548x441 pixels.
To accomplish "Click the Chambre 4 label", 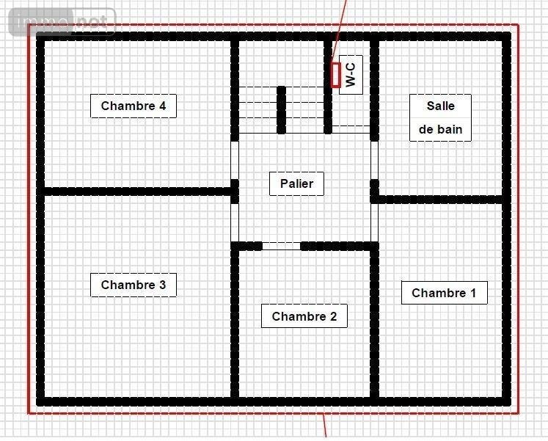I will (x=134, y=106).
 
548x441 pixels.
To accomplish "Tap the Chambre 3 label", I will (x=134, y=285).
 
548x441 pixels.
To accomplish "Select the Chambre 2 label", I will (x=304, y=316).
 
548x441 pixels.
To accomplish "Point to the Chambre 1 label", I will (x=444, y=293).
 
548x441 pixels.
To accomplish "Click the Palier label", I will (x=297, y=183).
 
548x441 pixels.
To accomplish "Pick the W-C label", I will (x=351, y=74).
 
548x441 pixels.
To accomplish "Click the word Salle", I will (x=440, y=106).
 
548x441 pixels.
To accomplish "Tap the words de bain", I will (x=440, y=130).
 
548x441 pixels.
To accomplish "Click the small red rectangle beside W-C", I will (x=336, y=75).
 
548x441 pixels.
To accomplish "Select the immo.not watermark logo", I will (x=62, y=22).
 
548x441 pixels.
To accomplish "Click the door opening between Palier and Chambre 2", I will (x=282, y=246).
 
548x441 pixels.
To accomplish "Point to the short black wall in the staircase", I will (x=281, y=109).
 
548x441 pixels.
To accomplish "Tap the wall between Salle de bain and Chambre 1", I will (x=440, y=199).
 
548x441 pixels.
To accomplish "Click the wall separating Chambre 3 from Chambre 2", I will (x=235, y=323).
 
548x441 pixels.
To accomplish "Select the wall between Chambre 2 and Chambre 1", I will (x=374, y=323).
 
